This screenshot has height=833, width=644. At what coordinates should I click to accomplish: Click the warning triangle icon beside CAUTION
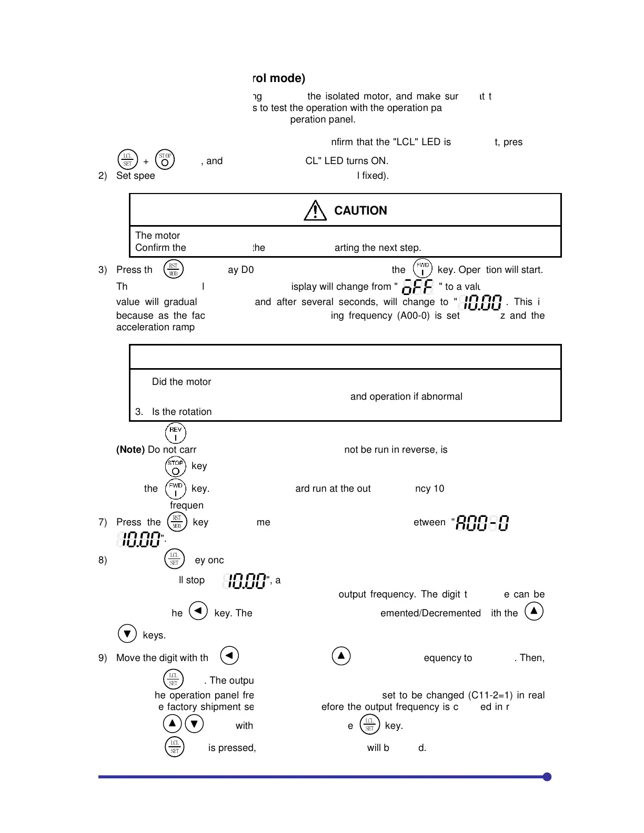pos(315,210)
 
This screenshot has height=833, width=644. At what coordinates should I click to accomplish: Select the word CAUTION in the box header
pos(360,210)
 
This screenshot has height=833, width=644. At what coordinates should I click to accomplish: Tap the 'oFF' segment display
pos(417,287)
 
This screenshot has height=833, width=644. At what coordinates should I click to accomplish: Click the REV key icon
pos(175,433)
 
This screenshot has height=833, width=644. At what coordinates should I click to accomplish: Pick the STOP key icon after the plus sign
pos(165,160)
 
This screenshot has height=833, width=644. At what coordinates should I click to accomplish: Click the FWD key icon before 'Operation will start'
pos(422,269)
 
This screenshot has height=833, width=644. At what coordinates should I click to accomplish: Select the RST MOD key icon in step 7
pos(177,522)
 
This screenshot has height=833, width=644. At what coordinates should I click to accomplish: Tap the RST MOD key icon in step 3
pos(173,269)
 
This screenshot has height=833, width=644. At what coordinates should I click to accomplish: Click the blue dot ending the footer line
pos(547,777)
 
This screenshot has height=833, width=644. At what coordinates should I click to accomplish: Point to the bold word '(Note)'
pos(130,450)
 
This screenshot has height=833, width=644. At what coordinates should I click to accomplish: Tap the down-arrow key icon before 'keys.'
pos(127,634)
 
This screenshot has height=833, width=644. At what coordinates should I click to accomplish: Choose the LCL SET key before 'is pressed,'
pos(175,747)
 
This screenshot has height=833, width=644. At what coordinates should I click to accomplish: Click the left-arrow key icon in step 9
pos(229,656)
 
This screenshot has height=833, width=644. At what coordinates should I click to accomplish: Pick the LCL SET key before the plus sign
pos(127,160)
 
